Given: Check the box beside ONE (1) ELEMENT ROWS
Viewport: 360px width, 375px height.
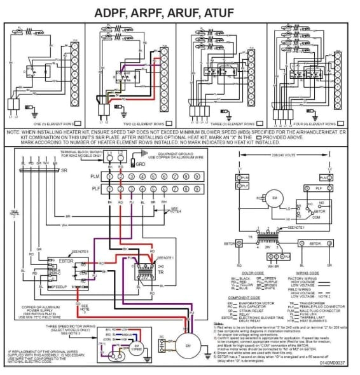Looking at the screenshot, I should click(78, 123).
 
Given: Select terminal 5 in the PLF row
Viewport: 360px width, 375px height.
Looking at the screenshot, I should click(153, 189).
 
